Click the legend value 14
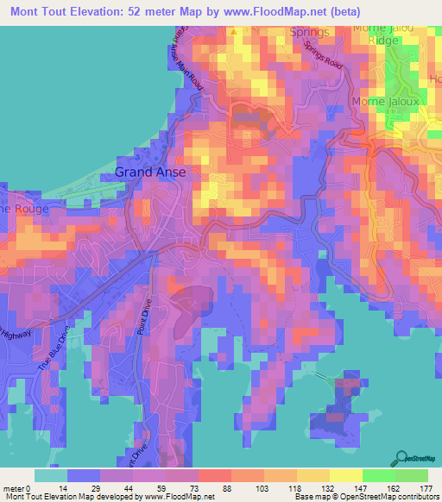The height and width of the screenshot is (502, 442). click(x=67, y=487)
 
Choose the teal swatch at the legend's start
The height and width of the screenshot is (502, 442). click(x=50, y=475)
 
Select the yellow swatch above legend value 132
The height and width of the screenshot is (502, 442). click(x=313, y=475)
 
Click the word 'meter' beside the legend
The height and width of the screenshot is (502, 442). click(x=13, y=487)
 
